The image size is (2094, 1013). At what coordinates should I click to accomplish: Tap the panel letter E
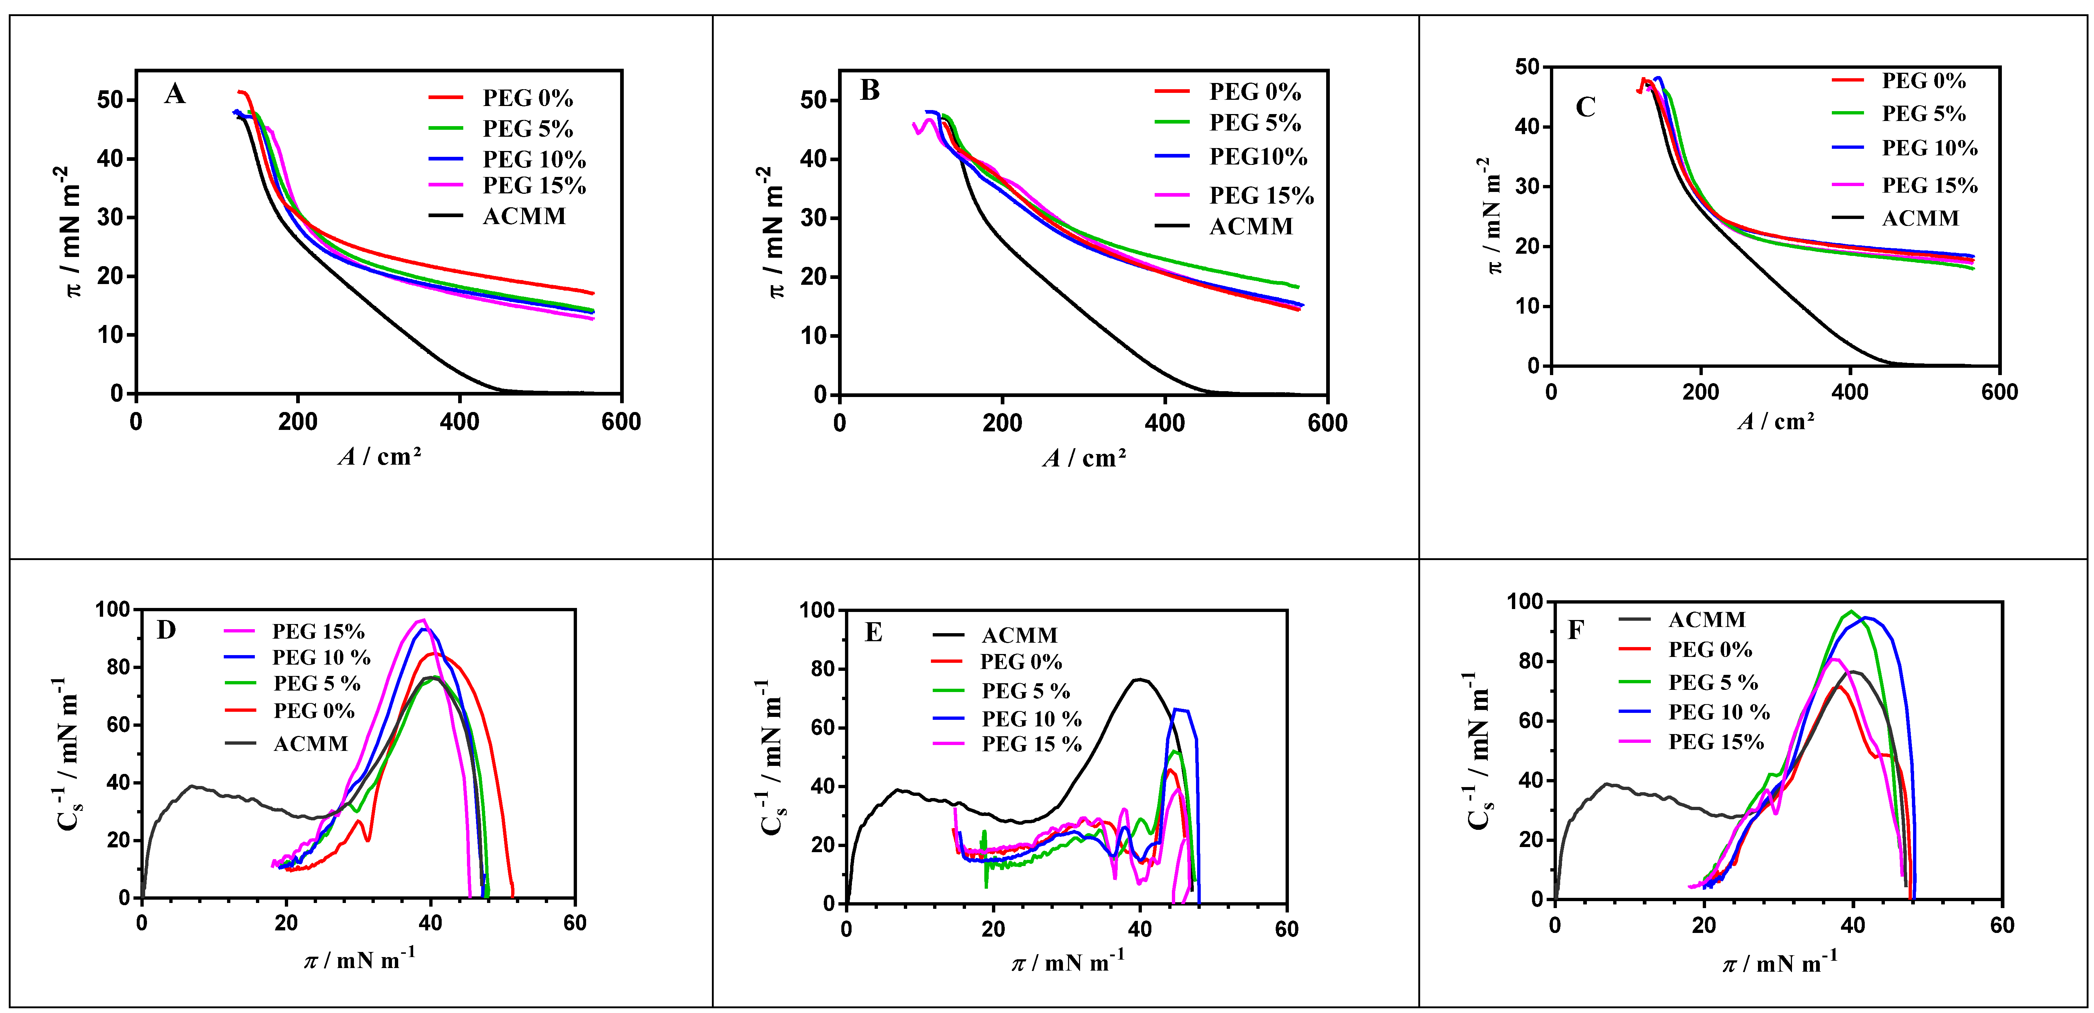[874, 632]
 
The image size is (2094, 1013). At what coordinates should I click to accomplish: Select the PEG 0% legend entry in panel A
[527, 98]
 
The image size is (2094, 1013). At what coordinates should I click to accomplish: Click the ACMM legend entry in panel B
[1250, 227]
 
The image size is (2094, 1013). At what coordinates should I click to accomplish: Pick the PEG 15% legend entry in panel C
[1929, 185]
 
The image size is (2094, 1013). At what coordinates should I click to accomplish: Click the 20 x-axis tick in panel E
[993, 929]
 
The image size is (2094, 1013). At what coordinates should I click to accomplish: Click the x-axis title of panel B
[1084, 458]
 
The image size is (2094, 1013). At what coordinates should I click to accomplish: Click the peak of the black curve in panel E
[1140, 680]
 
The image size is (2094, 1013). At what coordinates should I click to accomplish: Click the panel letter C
[1585, 107]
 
